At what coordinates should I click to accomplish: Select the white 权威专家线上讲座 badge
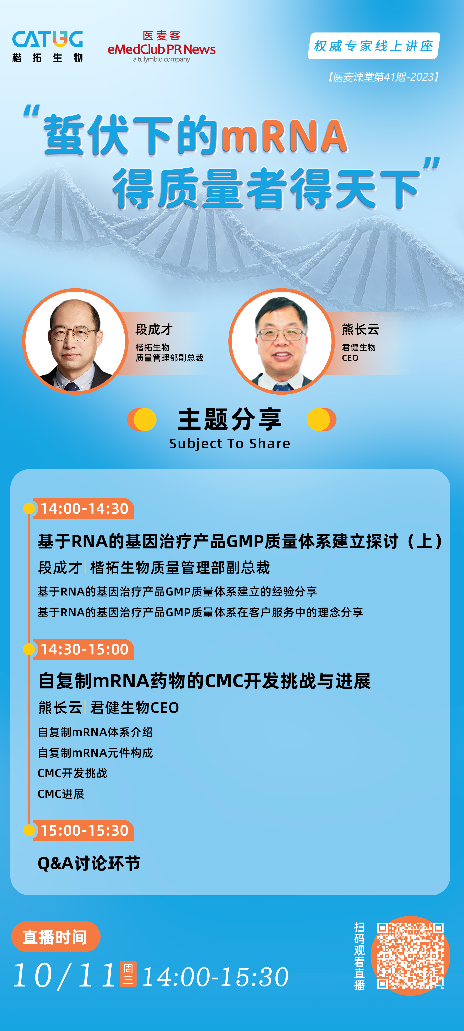click(374, 46)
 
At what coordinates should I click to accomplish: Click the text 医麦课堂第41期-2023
click(384, 77)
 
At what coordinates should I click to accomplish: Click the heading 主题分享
click(230, 420)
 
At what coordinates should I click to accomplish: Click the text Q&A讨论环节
click(89, 863)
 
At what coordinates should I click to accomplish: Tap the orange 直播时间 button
click(56, 936)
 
